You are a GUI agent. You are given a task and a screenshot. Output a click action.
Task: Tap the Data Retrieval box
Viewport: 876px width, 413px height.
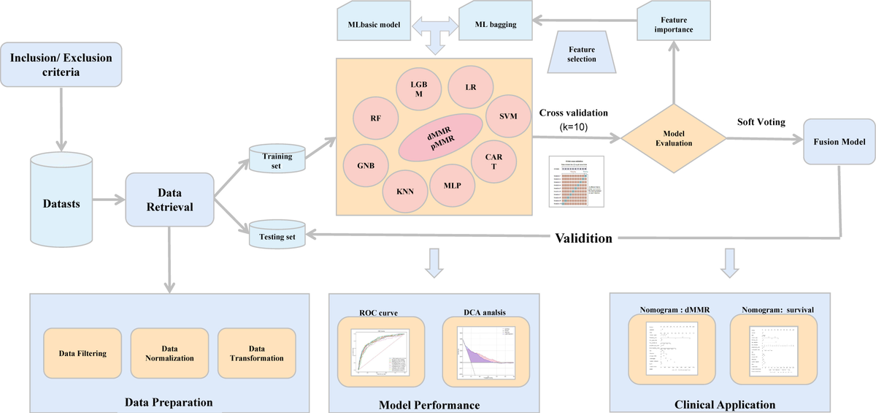tap(169, 200)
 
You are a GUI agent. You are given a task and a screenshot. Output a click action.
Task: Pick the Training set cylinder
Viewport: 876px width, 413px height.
tap(277, 160)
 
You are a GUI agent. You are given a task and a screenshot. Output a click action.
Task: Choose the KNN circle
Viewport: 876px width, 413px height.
tap(405, 193)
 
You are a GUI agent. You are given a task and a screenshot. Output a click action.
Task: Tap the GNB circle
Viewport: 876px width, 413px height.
tap(366, 165)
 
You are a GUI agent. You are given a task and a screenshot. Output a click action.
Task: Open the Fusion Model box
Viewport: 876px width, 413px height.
tap(838, 141)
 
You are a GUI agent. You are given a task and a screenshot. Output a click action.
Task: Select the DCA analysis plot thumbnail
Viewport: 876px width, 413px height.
tap(485, 353)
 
